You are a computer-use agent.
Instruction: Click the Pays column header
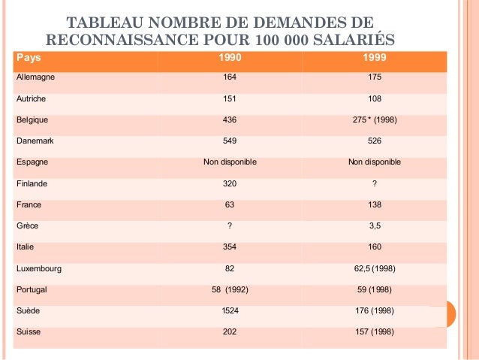click(29, 58)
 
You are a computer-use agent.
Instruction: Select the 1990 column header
click(230, 57)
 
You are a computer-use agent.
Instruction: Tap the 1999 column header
click(375, 57)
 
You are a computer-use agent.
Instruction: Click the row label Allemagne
click(35, 77)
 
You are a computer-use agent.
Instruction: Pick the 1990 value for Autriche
click(230, 98)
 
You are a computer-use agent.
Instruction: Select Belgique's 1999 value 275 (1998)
click(375, 119)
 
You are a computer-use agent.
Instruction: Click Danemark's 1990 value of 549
click(230, 141)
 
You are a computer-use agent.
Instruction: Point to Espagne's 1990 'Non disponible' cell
click(230, 162)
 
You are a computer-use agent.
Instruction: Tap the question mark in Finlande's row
click(375, 183)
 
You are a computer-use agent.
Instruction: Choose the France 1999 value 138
click(375, 204)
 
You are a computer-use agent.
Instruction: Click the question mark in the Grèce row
click(230, 225)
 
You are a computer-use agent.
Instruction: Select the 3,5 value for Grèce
click(375, 225)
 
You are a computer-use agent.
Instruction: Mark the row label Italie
click(25, 247)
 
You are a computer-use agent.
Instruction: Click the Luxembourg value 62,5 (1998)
click(375, 268)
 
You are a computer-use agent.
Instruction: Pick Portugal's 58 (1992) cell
click(230, 289)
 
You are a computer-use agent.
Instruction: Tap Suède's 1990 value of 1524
click(230, 310)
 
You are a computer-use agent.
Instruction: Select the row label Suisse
click(29, 332)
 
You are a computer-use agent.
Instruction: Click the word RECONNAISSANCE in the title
click(122, 40)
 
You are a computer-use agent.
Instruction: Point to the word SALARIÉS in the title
click(354, 39)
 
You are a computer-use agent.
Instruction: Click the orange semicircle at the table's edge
click(451, 314)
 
